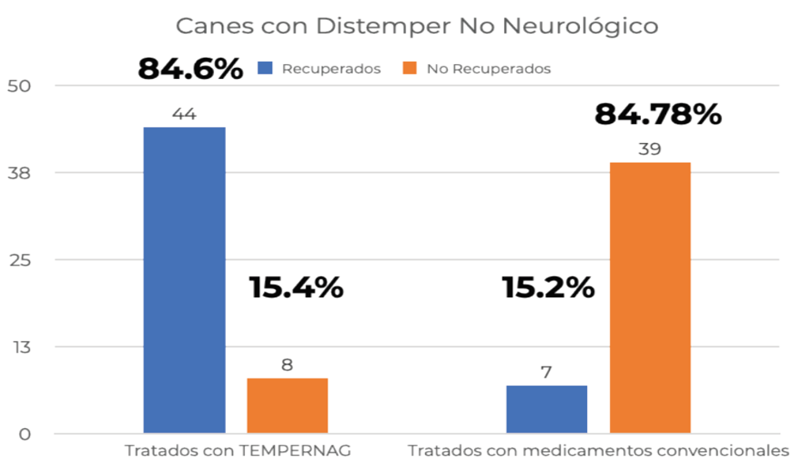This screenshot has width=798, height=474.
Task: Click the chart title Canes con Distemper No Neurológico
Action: click(x=416, y=26)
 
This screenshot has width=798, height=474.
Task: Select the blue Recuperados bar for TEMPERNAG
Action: click(x=184, y=280)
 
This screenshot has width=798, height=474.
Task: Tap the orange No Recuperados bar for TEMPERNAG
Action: click(x=287, y=405)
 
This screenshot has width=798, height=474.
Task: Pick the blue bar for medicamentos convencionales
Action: click(x=546, y=409)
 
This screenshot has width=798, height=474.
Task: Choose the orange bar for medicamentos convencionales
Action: click(x=650, y=298)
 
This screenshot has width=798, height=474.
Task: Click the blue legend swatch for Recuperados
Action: click(x=265, y=69)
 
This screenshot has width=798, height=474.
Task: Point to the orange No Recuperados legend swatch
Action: click(x=409, y=69)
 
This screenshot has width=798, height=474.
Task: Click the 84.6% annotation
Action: click(x=190, y=69)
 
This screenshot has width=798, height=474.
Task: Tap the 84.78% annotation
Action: click(x=657, y=115)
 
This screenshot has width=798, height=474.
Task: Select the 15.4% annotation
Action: click(x=296, y=287)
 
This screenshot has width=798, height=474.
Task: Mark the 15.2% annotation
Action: click(x=548, y=287)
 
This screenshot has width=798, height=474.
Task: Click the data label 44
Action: click(x=184, y=115)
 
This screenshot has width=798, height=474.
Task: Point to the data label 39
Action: click(x=649, y=149)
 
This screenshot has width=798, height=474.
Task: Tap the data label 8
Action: click(x=287, y=365)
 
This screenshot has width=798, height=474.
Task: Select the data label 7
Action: click(x=546, y=372)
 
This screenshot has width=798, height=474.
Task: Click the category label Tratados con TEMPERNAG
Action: click(x=238, y=452)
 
